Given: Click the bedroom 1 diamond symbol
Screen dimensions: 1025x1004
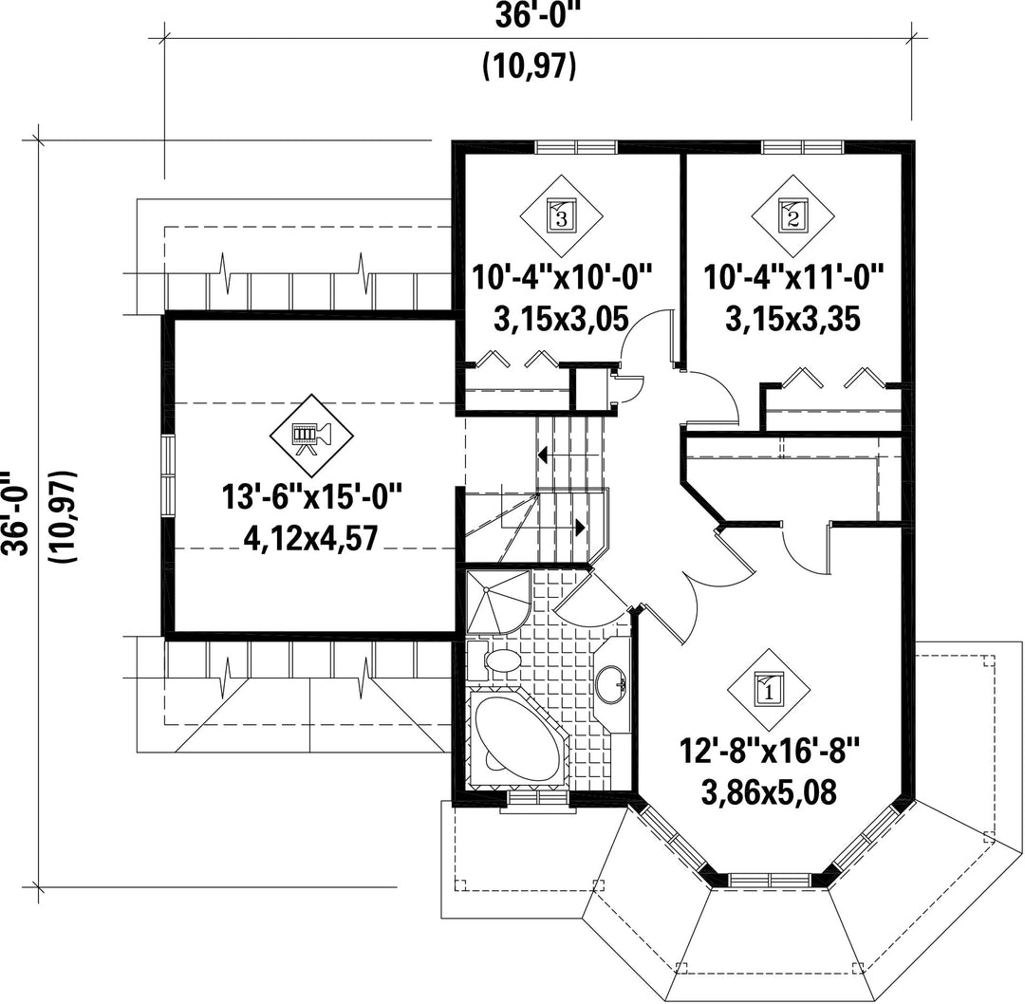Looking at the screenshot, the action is click(x=769, y=689).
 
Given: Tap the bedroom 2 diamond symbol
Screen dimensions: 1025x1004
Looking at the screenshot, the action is click(x=792, y=215).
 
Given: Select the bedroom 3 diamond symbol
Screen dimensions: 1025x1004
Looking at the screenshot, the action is click(x=562, y=215).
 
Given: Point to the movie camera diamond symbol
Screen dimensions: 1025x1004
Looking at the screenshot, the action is click(x=312, y=436).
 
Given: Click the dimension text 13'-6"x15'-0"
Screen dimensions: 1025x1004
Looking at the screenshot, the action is click(x=311, y=498).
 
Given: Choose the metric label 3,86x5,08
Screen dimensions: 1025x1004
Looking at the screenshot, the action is click(x=769, y=793).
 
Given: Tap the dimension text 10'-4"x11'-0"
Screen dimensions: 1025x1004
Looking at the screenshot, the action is click(x=793, y=277).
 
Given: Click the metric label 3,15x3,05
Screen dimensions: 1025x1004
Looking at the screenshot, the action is click(x=562, y=320).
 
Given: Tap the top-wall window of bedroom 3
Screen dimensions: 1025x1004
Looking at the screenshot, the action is click(x=576, y=147).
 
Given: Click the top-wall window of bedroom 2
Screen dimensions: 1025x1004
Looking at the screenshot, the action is click(x=803, y=147).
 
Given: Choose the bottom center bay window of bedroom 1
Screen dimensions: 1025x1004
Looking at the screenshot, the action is click(x=771, y=879).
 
